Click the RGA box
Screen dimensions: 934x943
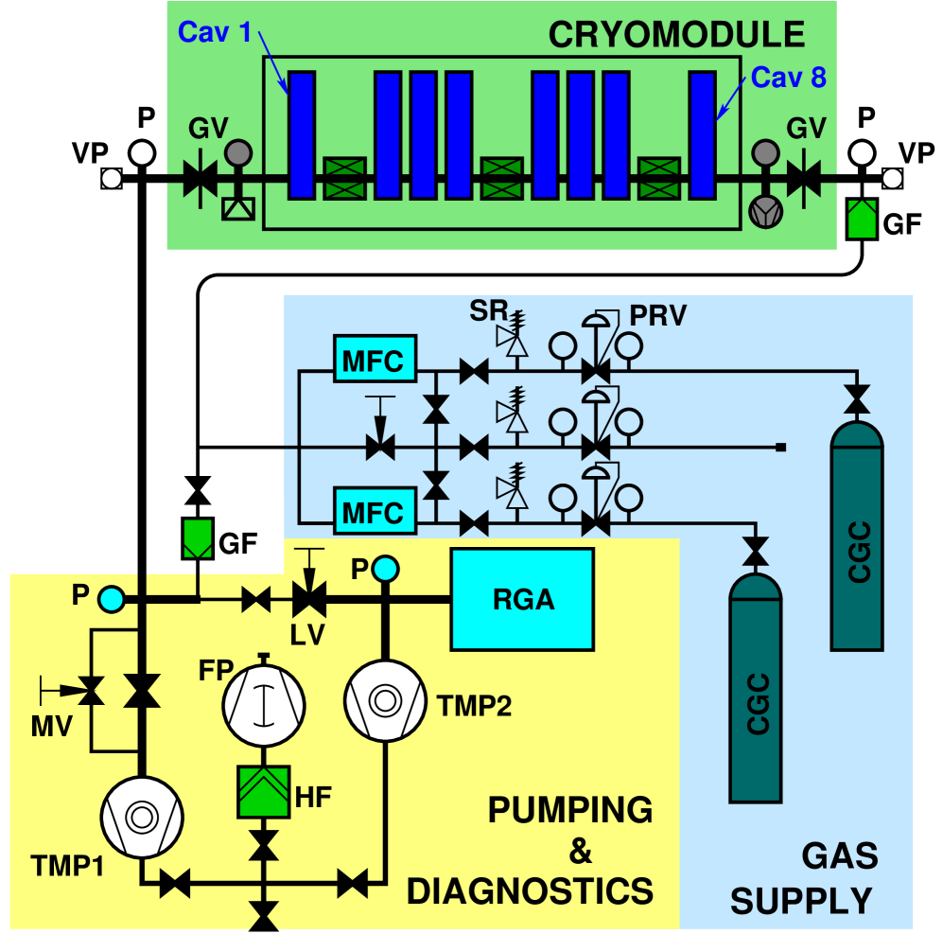click(x=522, y=599)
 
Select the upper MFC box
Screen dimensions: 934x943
click(x=374, y=361)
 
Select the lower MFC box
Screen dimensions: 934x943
click(x=374, y=512)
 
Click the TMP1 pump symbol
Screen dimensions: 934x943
click(x=142, y=817)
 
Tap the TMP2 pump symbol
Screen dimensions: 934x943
click(x=384, y=701)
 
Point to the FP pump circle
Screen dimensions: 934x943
click(x=264, y=701)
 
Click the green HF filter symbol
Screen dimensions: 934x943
click(x=264, y=791)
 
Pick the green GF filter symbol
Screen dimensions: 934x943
click(x=197, y=538)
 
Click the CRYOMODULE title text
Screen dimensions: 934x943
click(x=676, y=35)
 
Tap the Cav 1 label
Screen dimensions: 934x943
click(x=215, y=33)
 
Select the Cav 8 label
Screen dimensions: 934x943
click(x=789, y=77)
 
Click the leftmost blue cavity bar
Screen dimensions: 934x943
click(x=302, y=134)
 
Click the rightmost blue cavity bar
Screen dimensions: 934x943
click(x=702, y=134)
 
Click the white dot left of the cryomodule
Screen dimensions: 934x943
click(x=142, y=153)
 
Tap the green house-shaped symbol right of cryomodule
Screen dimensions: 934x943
click(x=861, y=219)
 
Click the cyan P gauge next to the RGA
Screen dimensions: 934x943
click(x=385, y=569)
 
